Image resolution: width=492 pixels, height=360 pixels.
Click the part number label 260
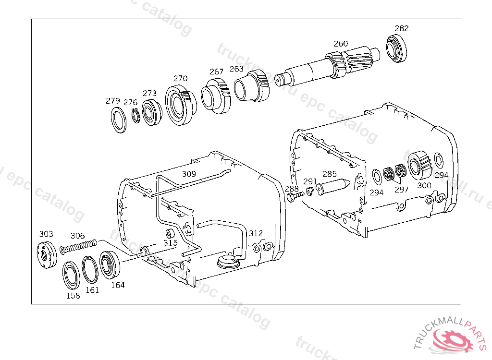pyautogui.click(x=341, y=44)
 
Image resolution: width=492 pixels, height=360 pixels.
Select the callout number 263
pyautogui.click(x=236, y=69)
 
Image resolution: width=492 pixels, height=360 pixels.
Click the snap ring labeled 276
pyautogui.click(x=135, y=117)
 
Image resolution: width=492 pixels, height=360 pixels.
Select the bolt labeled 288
pyautogui.click(x=294, y=197)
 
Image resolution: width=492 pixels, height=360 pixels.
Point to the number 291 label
pyautogui.click(x=310, y=181)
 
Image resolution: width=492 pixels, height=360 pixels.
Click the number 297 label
pyautogui.click(x=401, y=189)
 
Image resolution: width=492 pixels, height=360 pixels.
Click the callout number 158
pyautogui.click(x=73, y=296)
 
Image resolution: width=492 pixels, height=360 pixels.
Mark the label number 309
pyautogui.click(x=189, y=173)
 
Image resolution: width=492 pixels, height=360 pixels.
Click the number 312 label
pyautogui.click(x=256, y=233)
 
